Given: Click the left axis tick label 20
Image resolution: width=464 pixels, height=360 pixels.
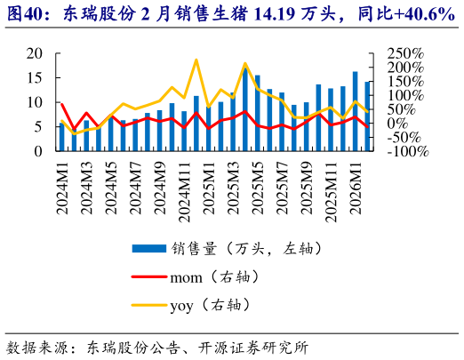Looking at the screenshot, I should (x=34, y=53).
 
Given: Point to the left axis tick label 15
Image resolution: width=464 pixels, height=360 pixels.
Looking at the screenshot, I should (x=34, y=78).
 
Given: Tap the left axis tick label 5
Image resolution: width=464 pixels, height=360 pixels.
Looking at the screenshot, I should (x=38, y=127).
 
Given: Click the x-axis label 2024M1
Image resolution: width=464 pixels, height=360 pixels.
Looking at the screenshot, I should (x=62, y=187).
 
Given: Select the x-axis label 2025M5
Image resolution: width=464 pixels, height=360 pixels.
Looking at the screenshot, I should (x=257, y=187).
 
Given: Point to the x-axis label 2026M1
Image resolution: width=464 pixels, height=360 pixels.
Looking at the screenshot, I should (x=355, y=187).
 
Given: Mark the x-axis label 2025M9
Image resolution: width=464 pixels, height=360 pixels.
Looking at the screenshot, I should (x=306, y=187).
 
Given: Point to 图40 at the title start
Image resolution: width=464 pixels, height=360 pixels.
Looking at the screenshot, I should (x=25, y=13).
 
